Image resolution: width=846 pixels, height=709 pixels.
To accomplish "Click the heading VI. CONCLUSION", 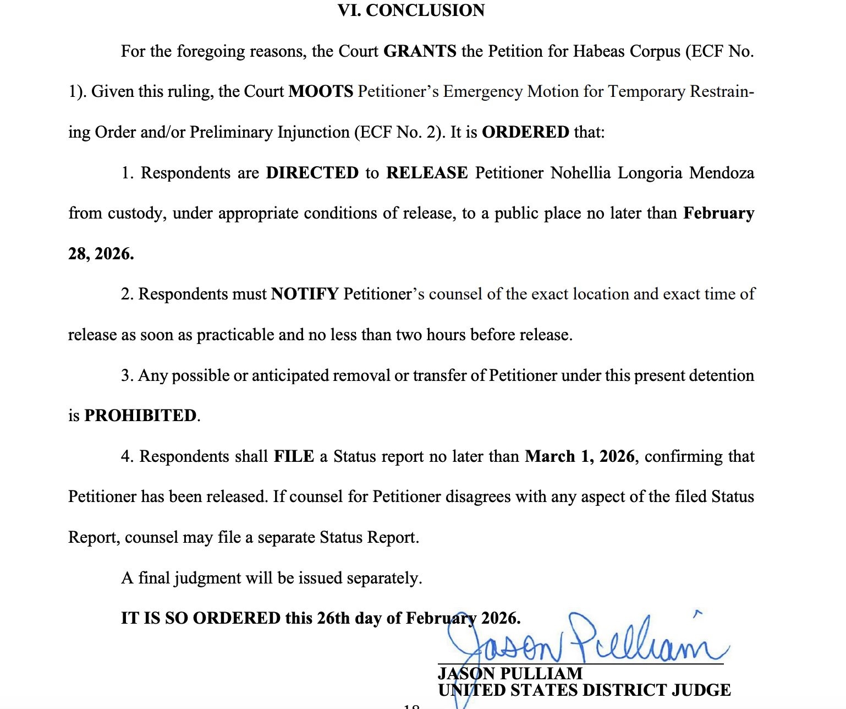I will coord(411,10).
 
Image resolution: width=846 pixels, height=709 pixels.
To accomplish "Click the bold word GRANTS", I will coord(420,51).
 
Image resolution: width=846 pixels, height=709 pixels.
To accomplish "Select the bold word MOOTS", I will coord(321,91).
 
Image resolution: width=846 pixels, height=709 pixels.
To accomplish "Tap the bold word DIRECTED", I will coord(312,173).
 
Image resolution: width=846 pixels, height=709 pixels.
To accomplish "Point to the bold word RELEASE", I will coord(427,173).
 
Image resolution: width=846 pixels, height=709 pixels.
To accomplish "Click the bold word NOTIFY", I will coord(305,294).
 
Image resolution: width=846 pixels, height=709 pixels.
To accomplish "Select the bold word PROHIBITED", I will coord(140,416).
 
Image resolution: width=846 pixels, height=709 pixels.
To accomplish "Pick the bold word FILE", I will coord(294,456).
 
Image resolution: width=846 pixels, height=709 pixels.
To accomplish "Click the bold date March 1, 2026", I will coord(580,456).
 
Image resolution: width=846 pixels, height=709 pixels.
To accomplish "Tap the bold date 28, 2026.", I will coord(101,254).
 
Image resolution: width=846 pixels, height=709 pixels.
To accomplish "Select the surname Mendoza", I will coord(722,173).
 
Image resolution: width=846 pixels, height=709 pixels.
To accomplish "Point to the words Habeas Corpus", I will coord(627,51).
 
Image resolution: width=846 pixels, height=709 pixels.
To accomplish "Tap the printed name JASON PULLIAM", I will coord(510,673).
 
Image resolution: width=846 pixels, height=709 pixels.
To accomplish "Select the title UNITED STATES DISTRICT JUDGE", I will coord(584,690).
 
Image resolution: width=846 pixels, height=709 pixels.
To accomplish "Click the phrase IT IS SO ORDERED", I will coord(201,618).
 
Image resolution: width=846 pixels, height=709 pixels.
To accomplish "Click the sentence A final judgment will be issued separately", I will coord(272,578).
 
